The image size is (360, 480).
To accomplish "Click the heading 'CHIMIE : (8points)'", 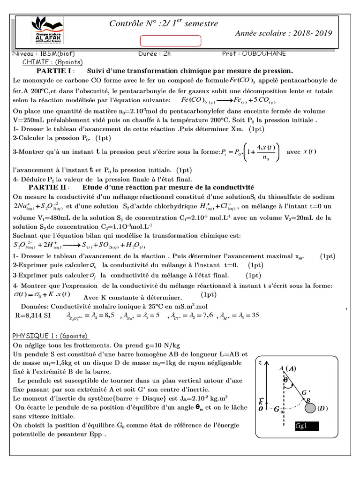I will click(52, 62).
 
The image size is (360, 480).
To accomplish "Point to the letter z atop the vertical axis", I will click(261, 362).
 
